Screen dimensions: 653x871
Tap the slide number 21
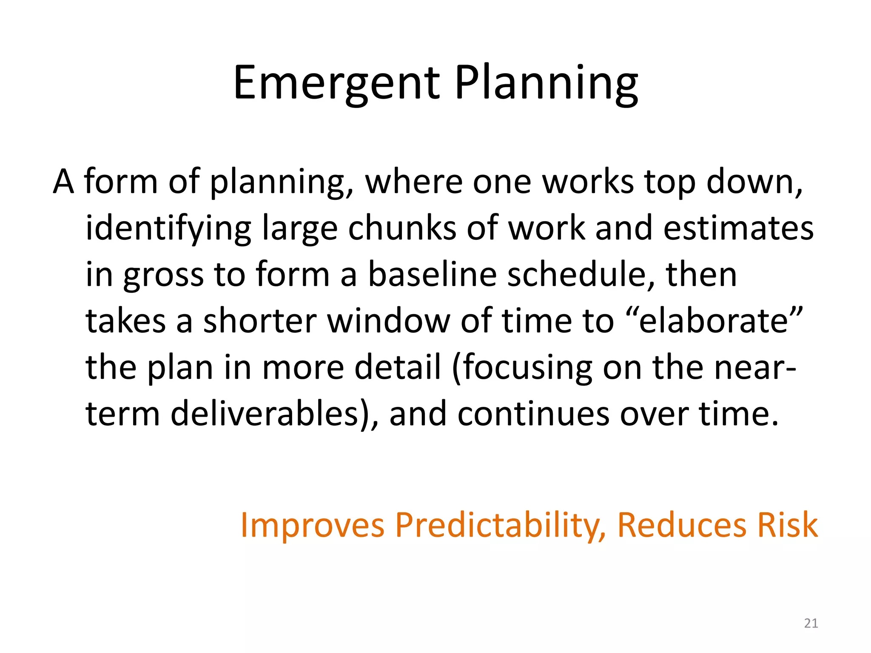[811, 623]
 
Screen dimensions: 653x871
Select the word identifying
[168, 228]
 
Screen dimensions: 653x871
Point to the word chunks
[402, 228]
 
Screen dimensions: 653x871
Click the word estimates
[738, 228]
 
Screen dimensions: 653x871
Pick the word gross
[163, 275]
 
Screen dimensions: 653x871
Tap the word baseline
[432, 275]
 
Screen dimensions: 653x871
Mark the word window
[389, 321]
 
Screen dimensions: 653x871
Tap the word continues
[533, 414]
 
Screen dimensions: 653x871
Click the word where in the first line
[413, 182]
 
